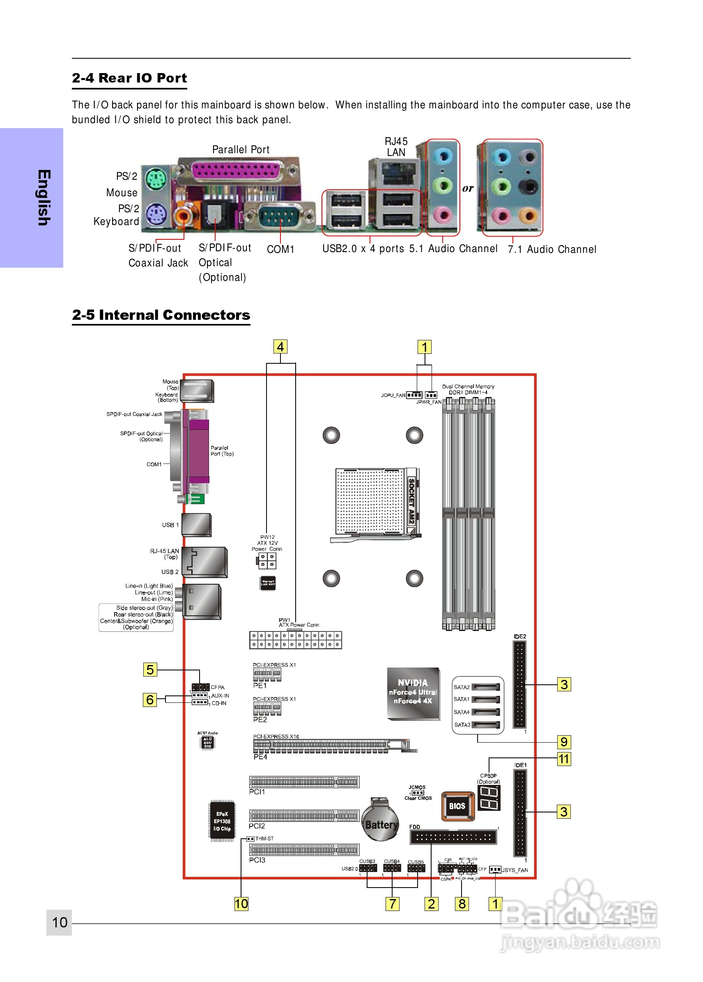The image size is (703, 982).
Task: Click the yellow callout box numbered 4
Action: pos(280,346)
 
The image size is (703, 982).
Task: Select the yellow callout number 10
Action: pos(241,904)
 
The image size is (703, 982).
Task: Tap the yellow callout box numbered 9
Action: pos(564,742)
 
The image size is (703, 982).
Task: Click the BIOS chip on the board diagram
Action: pos(457,806)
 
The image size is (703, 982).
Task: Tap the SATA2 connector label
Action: pos(462,687)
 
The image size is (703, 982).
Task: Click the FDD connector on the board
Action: pos(453,837)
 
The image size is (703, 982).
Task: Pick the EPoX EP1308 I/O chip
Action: pos(222,821)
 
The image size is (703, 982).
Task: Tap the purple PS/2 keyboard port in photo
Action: pos(155,214)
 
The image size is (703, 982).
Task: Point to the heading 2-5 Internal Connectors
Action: pos(161,315)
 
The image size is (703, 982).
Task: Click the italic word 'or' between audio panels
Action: pos(468,188)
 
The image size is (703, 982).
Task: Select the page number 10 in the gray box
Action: pos(59,922)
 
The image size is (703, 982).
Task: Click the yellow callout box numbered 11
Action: pos(564,759)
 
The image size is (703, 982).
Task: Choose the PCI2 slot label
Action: pos(257,826)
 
